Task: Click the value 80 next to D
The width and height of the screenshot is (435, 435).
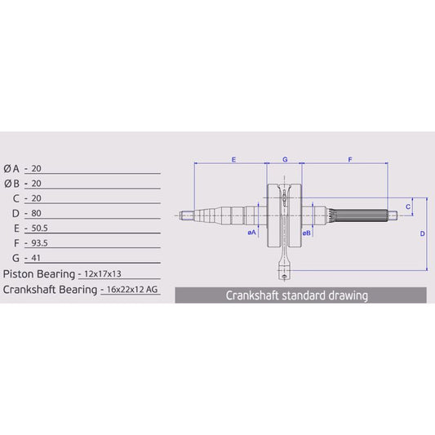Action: pyautogui.click(x=36, y=213)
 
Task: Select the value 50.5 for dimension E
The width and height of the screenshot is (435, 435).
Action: pyautogui.click(x=39, y=228)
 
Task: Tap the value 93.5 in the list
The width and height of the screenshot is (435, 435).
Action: pyautogui.click(x=39, y=242)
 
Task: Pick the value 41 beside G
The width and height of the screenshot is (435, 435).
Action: pyautogui.click(x=36, y=258)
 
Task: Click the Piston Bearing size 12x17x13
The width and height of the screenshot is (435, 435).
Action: pyautogui.click(x=109, y=273)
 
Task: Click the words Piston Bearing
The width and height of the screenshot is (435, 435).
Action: pyautogui.click(x=39, y=273)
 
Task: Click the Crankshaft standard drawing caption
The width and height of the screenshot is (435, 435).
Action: pyautogui.click(x=296, y=295)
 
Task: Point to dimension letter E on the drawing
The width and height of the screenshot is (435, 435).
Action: pyautogui.click(x=233, y=160)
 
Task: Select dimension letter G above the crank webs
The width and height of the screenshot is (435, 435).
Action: pyautogui.click(x=284, y=160)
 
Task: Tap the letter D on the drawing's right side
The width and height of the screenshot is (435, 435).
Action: pyautogui.click(x=421, y=233)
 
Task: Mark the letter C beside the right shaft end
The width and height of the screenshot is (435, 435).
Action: pyautogui.click(x=407, y=206)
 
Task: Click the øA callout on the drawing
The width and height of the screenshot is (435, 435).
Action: pyautogui.click(x=251, y=233)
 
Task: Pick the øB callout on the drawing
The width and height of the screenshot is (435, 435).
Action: pyautogui.click(x=306, y=233)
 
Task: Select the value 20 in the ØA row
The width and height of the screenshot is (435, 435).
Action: pyautogui.click(x=36, y=167)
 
